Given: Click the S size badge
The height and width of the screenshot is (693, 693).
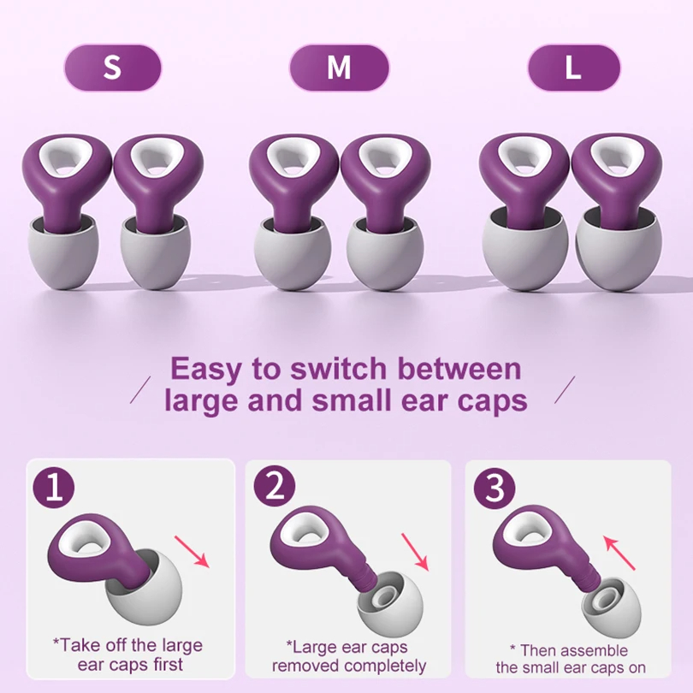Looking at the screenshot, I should pyautogui.click(x=112, y=68).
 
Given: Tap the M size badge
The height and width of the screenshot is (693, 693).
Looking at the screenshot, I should pyautogui.click(x=339, y=68).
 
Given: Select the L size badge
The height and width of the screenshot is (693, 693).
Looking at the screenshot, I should pyautogui.click(x=572, y=68).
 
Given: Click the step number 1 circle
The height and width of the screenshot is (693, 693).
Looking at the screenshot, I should pyautogui.click(x=54, y=489).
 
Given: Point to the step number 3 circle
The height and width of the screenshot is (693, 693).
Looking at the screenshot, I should pyautogui.click(x=495, y=489).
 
